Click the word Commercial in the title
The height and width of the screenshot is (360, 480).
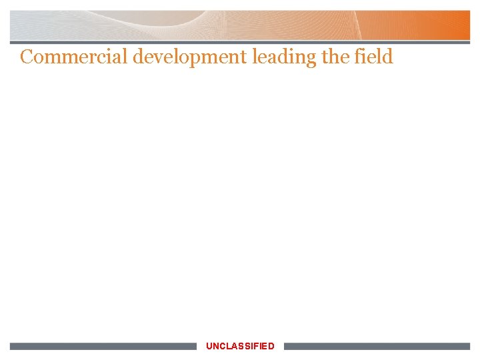pos(74,57)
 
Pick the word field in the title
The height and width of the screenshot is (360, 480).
pos(375,57)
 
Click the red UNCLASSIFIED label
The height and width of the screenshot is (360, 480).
pos(240,346)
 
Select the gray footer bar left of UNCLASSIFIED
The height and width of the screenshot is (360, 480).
pos(103,347)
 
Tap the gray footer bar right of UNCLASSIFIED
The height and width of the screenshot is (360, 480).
pos(377,347)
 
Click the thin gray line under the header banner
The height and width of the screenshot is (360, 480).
pos(240,43)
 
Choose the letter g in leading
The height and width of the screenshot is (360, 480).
pos(311,60)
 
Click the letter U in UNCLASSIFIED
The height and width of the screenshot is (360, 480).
pos(209,346)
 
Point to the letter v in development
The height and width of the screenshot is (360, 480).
pos(158,58)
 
